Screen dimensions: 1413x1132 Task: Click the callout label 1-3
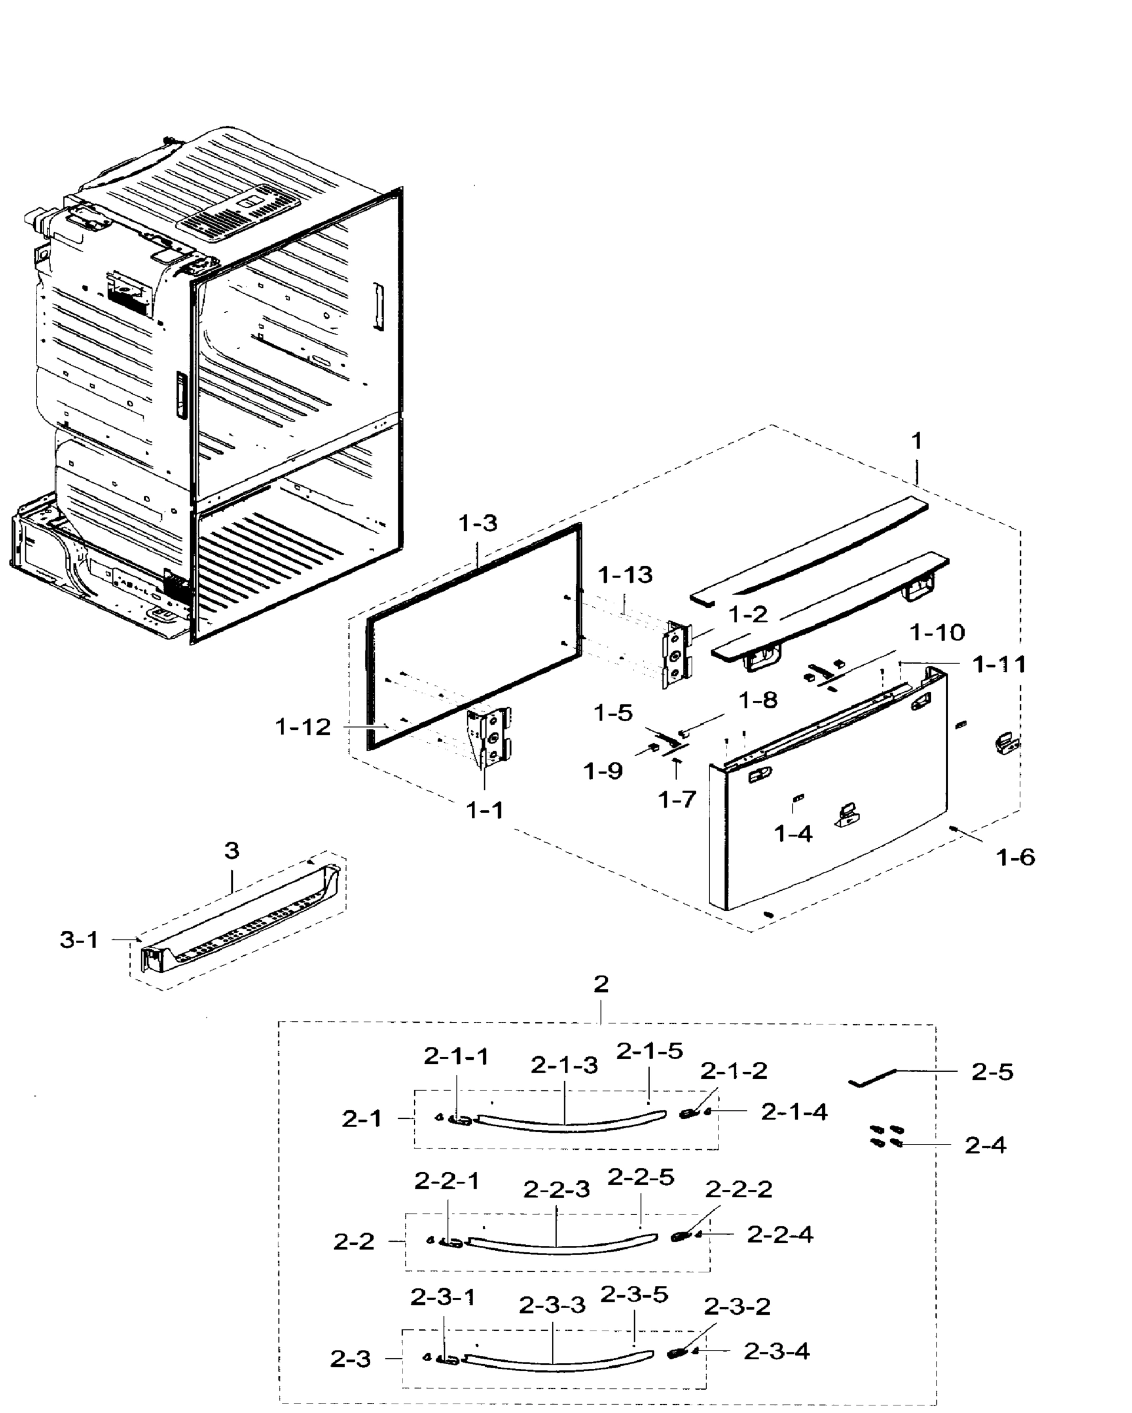click(x=478, y=523)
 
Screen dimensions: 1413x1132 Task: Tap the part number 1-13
click(x=625, y=575)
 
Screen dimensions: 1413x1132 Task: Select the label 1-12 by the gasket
click(x=302, y=727)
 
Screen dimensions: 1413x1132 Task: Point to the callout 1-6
click(x=1016, y=857)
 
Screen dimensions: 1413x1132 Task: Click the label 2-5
click(x=992, y=1072)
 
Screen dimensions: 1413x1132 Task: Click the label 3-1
click(x=79, y=940)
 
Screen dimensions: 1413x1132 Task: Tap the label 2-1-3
click(x=564, y=1066)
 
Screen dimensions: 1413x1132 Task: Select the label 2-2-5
click(x=641, y=1177)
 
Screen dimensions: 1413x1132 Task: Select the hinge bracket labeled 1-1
click(x=489, y=737)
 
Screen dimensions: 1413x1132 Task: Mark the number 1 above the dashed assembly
click(x=917, y=441)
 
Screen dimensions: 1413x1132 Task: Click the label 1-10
click(x=937, y=632)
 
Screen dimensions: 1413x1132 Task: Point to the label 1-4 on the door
click(x=793, y=834)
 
